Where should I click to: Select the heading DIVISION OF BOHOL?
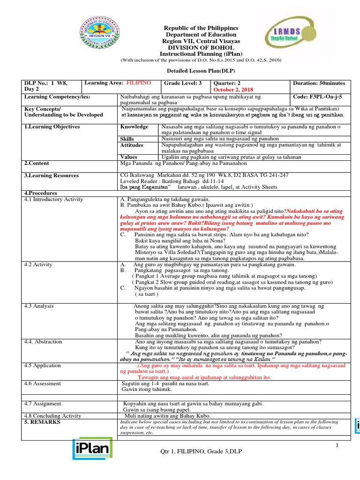coord(200,48)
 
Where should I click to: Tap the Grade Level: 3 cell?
coord(183,83)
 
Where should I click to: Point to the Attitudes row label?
coord(133,145)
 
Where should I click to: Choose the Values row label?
coord(129,157)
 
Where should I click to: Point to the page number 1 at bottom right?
coord(337,445)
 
